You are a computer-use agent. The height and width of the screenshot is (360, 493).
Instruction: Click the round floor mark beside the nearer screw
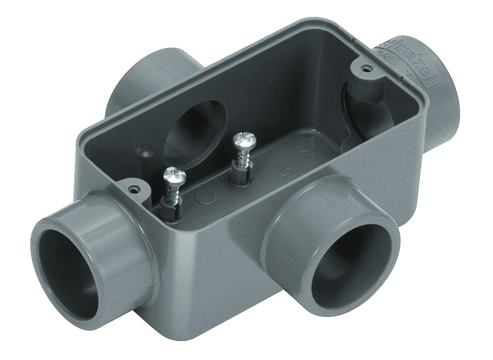[x=206, y=198]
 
